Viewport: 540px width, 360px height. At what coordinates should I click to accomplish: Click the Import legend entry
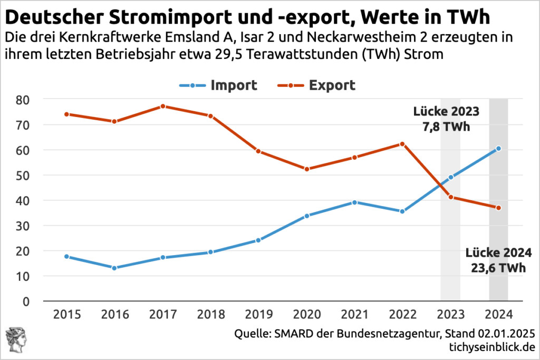(217, 85)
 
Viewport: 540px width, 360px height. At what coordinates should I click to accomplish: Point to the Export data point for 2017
(162, 106)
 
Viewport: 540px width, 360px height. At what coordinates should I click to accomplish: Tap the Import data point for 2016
(114, 268)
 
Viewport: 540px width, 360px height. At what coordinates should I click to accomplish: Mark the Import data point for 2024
(498, 149)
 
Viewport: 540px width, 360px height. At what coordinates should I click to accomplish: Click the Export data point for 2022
(402, 144)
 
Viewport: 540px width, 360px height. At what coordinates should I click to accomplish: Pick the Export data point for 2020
(306, 169)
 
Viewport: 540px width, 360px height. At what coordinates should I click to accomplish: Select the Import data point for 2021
(354, 202)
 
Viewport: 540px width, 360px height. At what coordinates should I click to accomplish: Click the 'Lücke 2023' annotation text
(446, 112)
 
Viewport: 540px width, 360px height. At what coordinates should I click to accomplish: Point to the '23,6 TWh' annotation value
(498, 268)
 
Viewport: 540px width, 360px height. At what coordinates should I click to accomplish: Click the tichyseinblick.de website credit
(491, 348)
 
